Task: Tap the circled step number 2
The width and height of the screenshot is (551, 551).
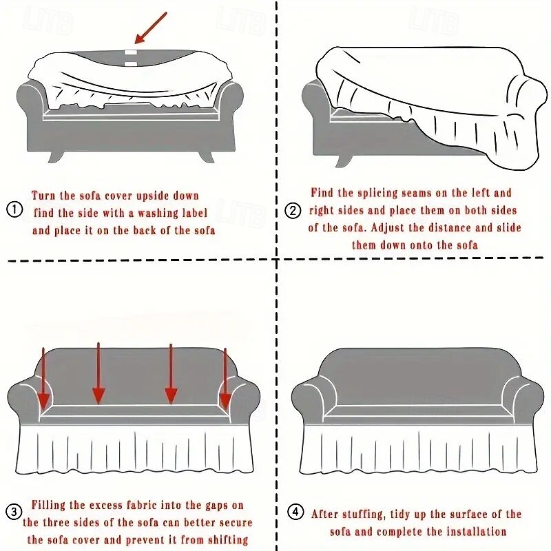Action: pos(294,211)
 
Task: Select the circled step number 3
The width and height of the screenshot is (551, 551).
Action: pos(14,511)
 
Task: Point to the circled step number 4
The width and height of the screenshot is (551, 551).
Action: pos(295,512)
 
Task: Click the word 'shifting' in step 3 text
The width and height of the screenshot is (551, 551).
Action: pos(222,540)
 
